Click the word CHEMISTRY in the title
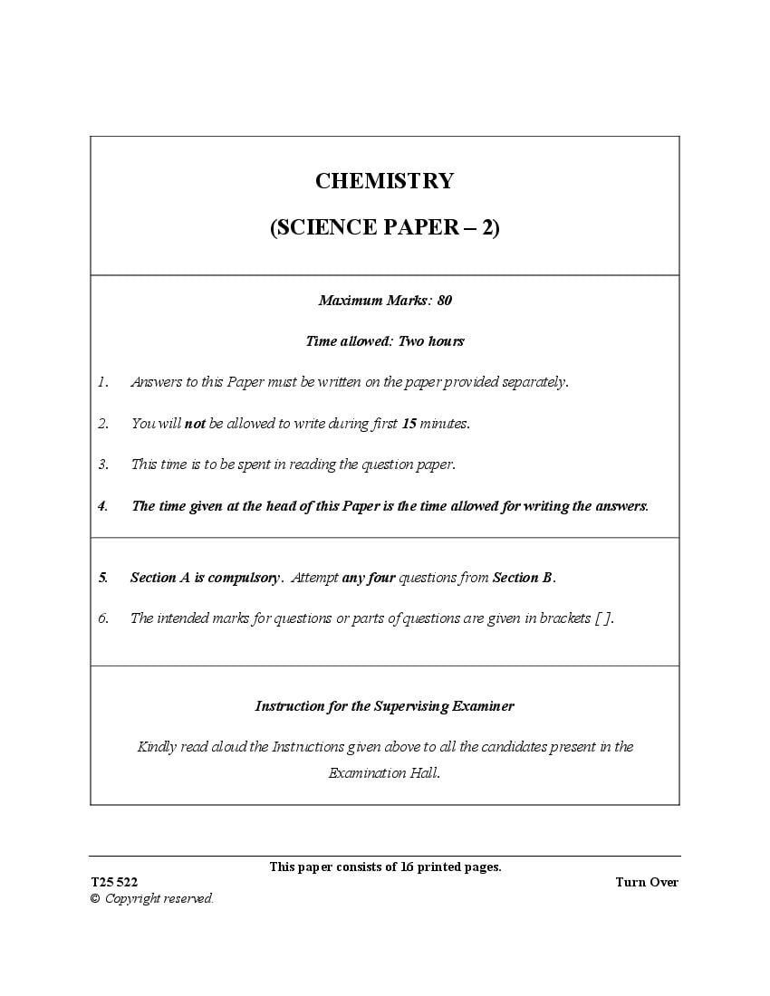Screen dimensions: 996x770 (x=384, y=181)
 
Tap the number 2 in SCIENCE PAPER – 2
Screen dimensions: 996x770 (x=487, y=228)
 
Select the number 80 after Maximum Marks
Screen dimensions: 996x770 (x=444, y=300)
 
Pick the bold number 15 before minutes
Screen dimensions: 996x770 (x=409, y=423)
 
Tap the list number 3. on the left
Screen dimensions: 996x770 (x=103, y=464)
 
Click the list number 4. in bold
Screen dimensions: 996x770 (x=103, y=506)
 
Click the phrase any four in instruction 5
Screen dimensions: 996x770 (x=369, y=578)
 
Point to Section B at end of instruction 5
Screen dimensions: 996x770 (x=523, y=578)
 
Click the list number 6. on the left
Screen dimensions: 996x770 (x=103, y=618)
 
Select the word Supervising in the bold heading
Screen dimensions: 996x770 (x=412, y=706)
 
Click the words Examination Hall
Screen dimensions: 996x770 (x=383, y=773)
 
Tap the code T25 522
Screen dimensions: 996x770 (x=114, y=883)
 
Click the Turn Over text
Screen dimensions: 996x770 (x=646, y=883)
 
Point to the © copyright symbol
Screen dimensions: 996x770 (x=94, y=899)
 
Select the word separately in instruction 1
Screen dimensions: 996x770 (x=534, y=382)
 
